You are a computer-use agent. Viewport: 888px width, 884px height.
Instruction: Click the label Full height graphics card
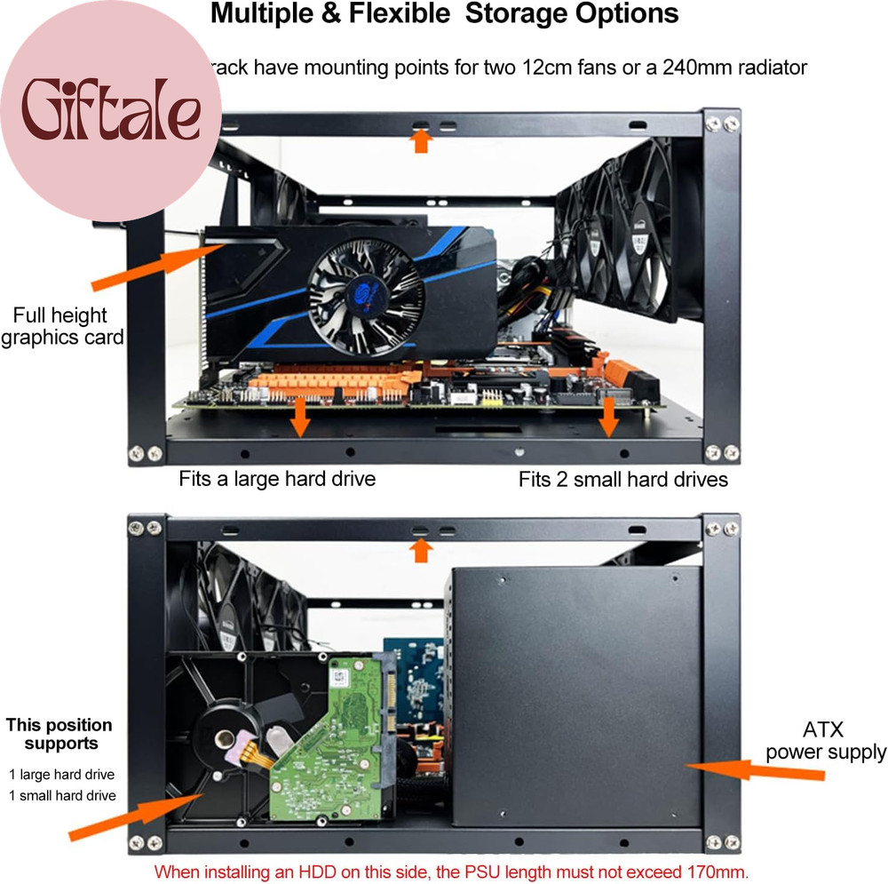[60, 326]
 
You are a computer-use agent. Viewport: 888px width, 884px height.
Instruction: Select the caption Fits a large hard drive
[277, 479]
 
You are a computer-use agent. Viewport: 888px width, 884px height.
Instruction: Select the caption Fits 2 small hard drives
[623, 480]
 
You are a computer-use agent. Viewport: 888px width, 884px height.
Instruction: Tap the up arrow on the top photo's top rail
[421, 140]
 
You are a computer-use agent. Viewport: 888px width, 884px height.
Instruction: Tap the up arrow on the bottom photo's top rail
[421, 550]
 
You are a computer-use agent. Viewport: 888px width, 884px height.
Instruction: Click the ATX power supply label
[825, 742]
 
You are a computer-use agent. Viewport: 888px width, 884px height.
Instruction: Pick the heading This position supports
[60, 734]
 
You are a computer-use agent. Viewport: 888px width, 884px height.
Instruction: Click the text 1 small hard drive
[62, 795]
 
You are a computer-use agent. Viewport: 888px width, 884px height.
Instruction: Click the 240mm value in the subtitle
[696, 68]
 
